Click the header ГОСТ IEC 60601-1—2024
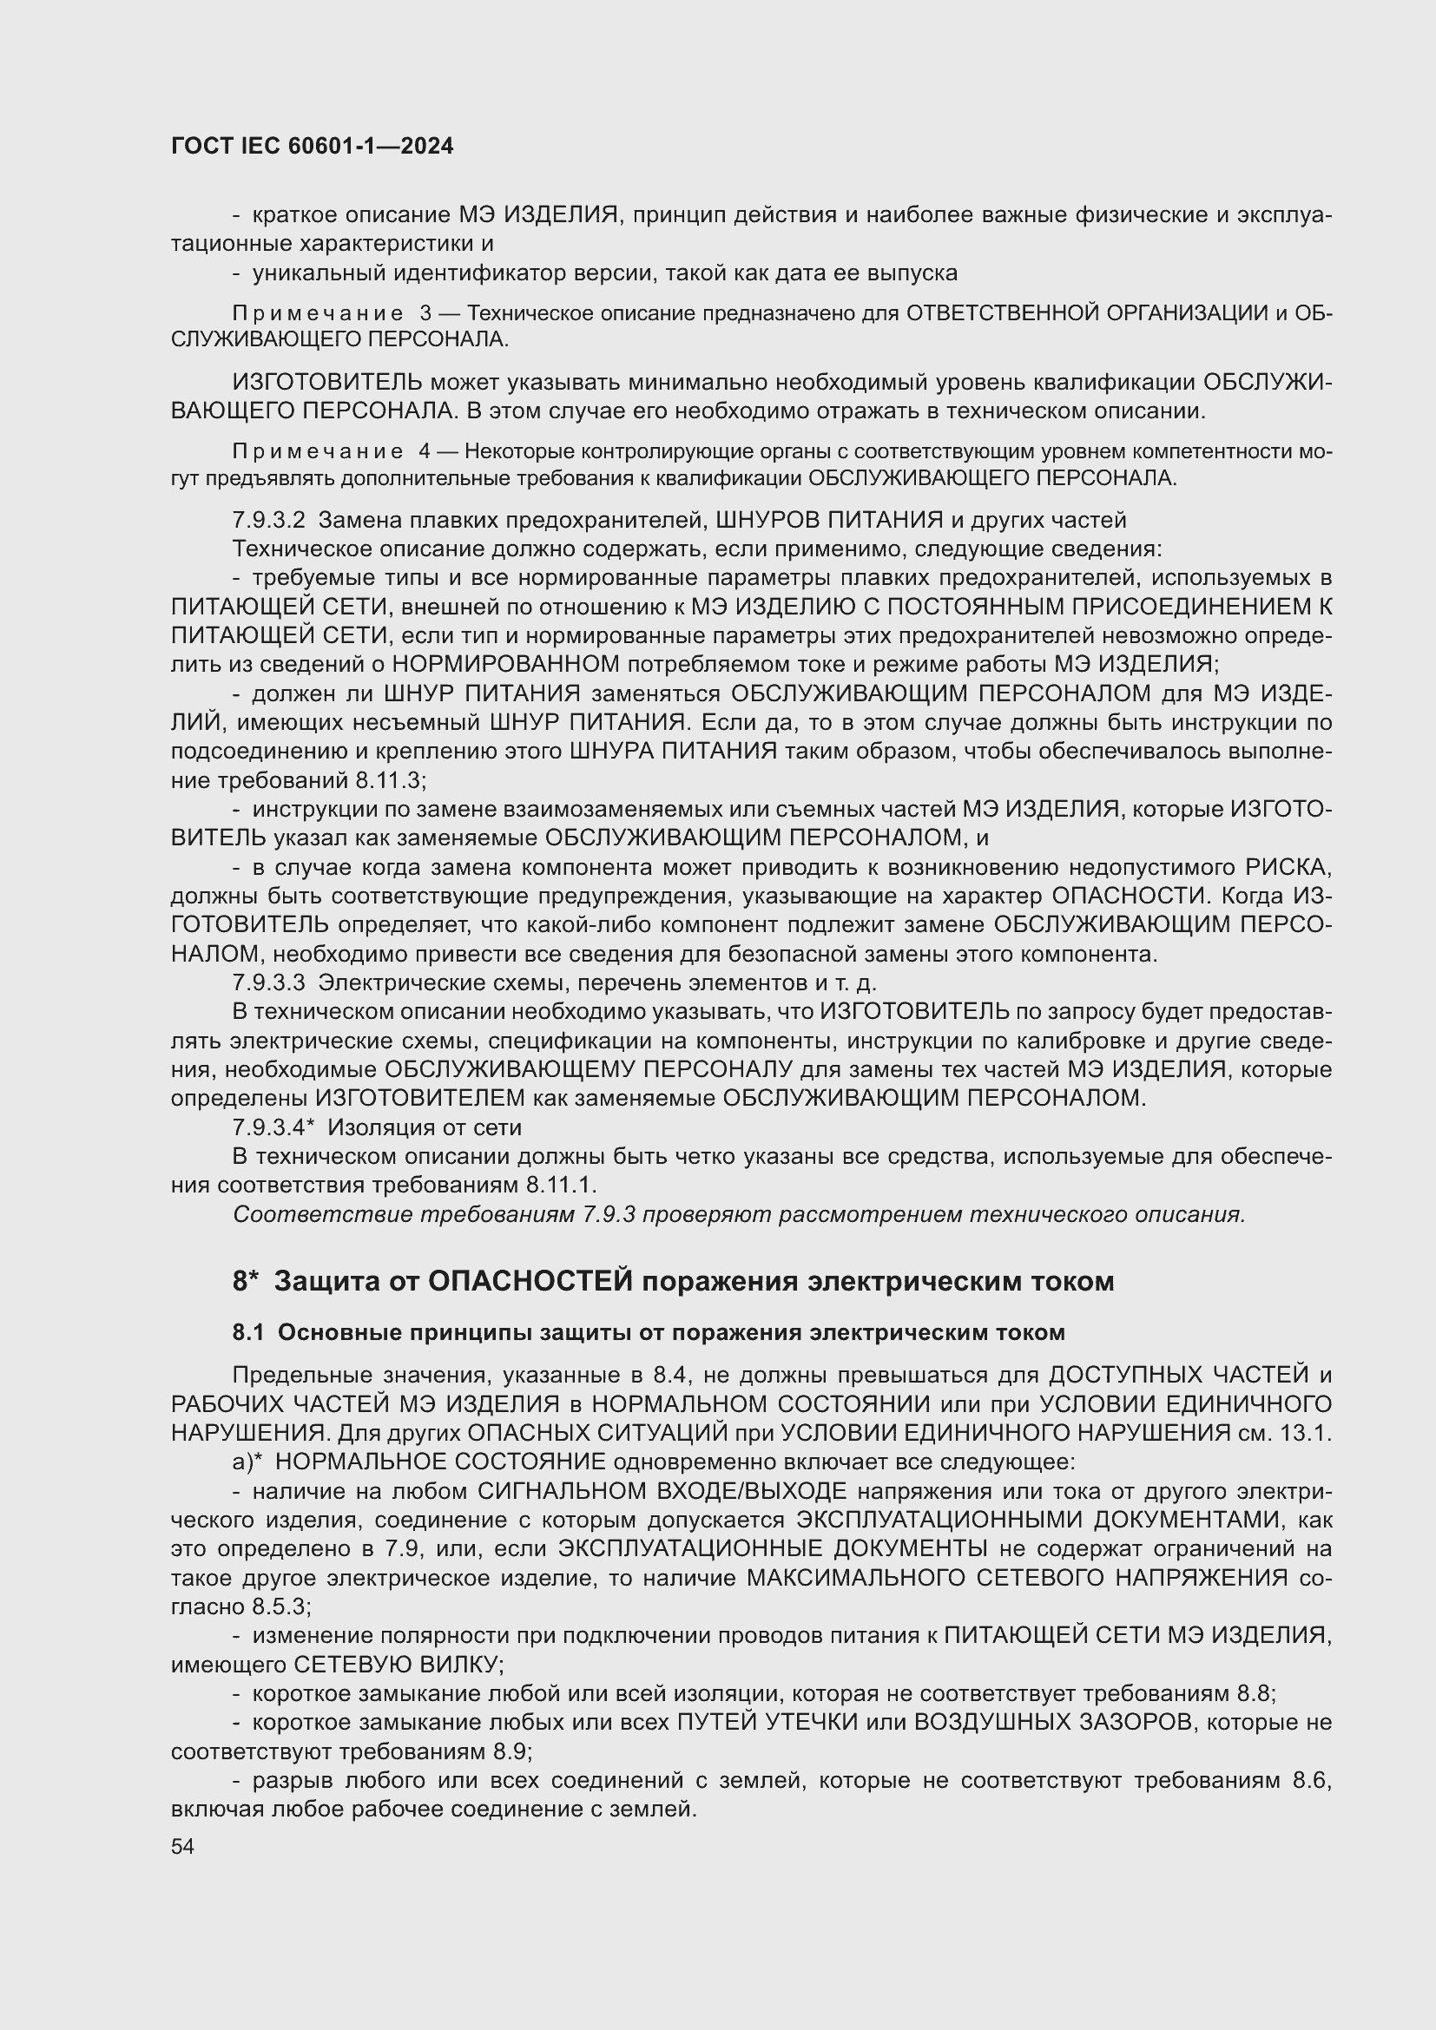point(313,147)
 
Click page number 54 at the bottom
point(182,1847)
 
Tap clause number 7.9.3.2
point(268,520)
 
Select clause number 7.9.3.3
point(268,982)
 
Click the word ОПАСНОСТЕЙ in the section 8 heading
point(530,1282)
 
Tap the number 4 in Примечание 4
point(425,452)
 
